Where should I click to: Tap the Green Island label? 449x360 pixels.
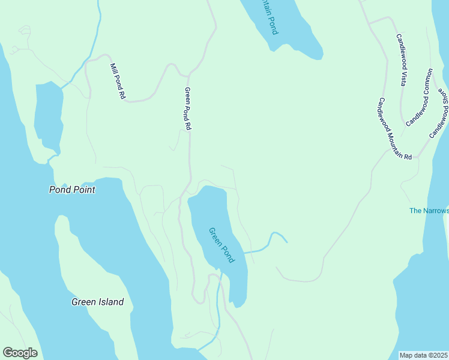(97, 302)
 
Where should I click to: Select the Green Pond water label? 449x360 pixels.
(221, 244)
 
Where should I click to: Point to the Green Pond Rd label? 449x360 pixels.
(187, 109)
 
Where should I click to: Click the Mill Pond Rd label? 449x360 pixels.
(118, 81)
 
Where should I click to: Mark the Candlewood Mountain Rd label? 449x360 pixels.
(394, 129)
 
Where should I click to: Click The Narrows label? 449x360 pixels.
(429, 211)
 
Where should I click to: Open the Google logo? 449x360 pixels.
(20, 352)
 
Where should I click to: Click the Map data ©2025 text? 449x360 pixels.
(423, 355)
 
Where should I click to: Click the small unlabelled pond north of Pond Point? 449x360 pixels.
(48, 117)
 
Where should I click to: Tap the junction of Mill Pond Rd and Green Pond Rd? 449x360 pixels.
(188, 76)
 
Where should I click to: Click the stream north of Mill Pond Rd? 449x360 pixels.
(93, 36)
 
